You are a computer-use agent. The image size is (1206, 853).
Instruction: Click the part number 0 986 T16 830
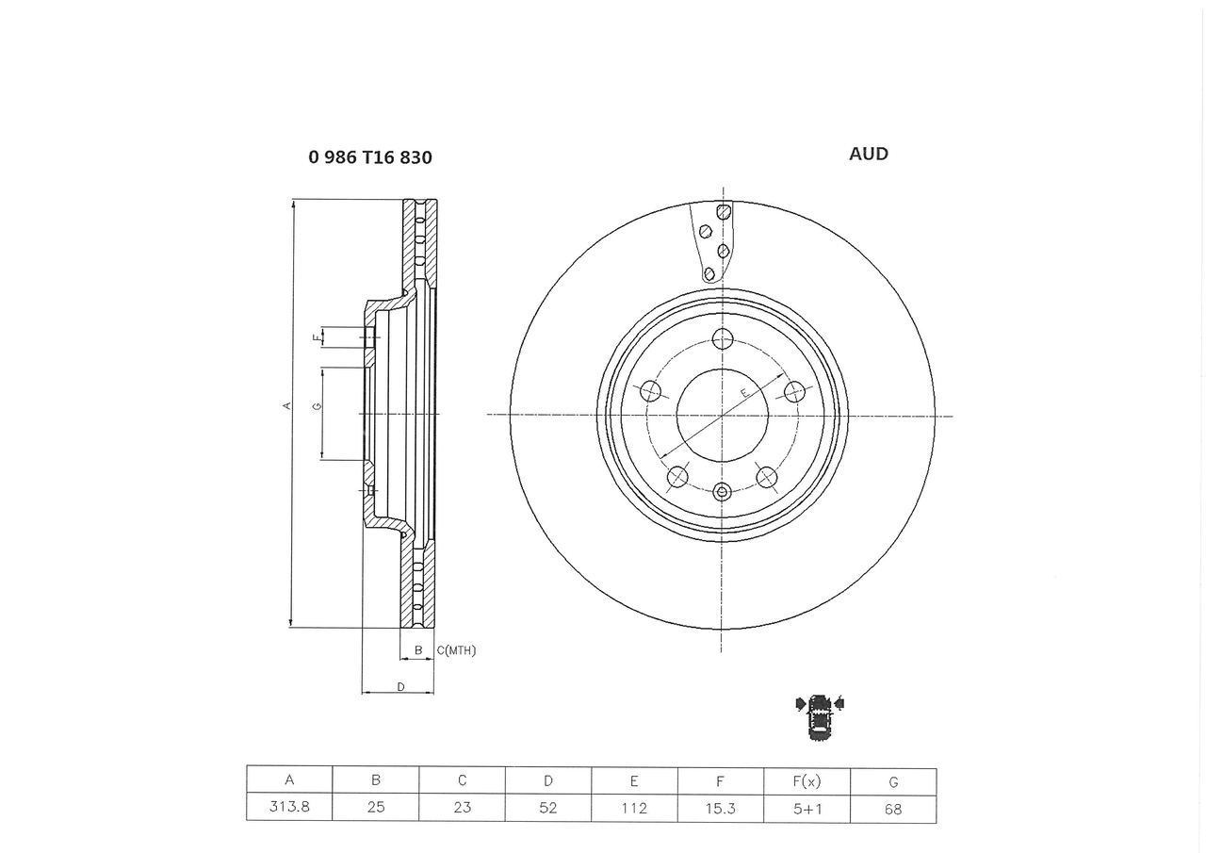(x=370, y=157)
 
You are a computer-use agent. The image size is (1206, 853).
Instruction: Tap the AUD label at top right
(x=869, y=154)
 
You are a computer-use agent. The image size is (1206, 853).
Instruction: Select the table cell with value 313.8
(x=289, y=807)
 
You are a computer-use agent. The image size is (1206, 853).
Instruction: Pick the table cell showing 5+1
(x=807, y=809)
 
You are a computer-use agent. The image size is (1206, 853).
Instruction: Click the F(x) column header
(x=807, y=781)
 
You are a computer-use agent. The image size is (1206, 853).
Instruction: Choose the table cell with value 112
(x=634, y=808)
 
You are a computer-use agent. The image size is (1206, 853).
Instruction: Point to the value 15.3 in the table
(x=721, y=809)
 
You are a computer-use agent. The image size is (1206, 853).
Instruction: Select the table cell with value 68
(x=894, y=809)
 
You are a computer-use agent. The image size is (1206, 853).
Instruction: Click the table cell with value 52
(x=548, y=808)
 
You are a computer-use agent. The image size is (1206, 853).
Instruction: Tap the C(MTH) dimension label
(x=456, y=650)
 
